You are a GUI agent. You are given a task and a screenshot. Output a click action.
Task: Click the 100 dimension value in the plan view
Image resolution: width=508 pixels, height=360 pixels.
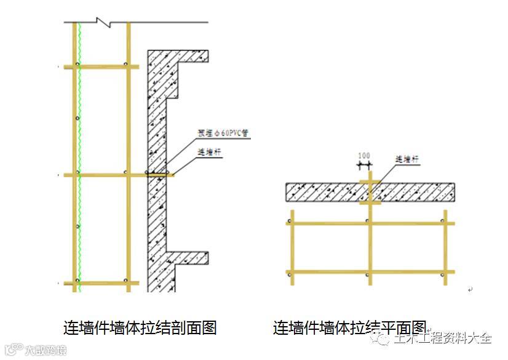coord(364,156)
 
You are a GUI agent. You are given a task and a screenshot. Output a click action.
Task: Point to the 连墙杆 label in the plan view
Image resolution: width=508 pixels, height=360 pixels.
coord(407,159)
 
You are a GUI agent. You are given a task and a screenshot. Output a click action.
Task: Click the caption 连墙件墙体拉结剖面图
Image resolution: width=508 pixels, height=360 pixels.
coord(140,327)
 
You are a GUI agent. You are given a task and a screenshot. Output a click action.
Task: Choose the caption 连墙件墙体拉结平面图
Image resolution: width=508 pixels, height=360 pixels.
coord(349,327)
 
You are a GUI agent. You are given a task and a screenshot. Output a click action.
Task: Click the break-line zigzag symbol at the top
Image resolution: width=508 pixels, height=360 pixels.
coord(105,23)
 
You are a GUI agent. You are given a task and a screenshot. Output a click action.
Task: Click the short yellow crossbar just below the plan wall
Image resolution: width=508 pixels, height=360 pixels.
coord(369,202)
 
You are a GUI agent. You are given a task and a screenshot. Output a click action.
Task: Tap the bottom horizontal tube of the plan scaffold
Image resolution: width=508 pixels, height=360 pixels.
coord(369,271)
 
